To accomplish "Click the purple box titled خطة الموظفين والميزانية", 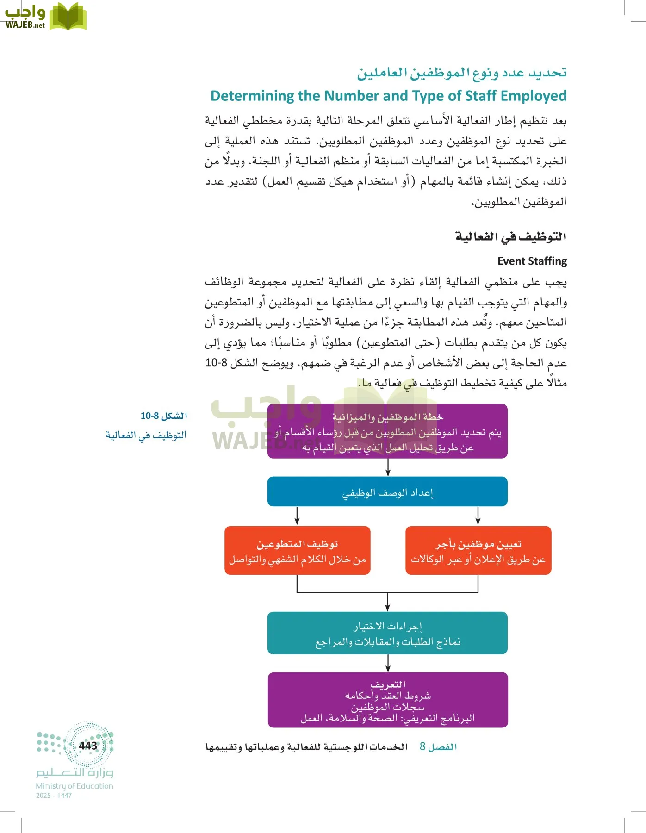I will click(x=387, y=431).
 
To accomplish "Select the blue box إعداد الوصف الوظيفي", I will click(x=387, y=491).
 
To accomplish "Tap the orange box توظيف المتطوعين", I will click(x=297, y=551).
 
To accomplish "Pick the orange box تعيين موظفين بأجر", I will click(x=478, y=551).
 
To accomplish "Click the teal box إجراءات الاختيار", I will click(x=387, y=633).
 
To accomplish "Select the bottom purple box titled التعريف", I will click(x=387, y=700).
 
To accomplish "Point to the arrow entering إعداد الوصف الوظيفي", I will click(x=388, y=468).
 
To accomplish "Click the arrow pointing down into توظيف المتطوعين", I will click(x=297, y=516).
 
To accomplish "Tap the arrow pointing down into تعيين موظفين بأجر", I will click(x=478, y=516).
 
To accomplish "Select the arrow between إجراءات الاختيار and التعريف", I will click(x=388, y=663).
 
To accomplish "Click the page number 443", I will click(x=88, y=746).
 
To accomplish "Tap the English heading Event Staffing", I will click(x=532, y=261).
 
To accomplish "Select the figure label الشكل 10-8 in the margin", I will click(x=164, y=416).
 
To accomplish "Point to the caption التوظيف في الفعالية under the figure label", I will click(x=146, y=435).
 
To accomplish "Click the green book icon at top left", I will click(x=68, y=17).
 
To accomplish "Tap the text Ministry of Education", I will click(x=75, y=786).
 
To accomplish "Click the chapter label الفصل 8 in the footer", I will click(x=438, y=746).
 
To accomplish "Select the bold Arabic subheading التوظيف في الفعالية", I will click(x=511, y=237).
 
